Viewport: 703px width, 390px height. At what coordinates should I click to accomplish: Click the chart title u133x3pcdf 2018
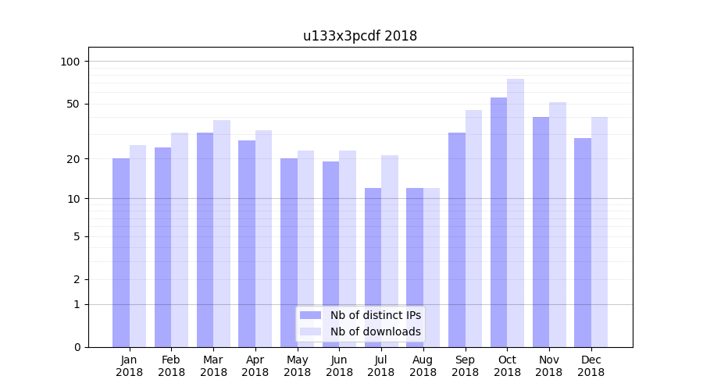coord(360,36)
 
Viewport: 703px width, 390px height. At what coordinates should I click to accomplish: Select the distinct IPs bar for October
coord(498,222)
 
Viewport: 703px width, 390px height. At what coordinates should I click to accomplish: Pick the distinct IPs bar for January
coord(121,253)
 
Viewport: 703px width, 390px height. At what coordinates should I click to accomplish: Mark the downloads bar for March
coord(222,233)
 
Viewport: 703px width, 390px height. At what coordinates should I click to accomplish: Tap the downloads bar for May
coord(305,249)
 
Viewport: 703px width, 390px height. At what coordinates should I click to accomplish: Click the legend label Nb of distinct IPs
coord(376,315)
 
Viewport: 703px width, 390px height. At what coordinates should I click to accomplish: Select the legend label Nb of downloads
coord(376,331)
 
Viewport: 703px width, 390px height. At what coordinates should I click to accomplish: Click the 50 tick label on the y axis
coord(73,104)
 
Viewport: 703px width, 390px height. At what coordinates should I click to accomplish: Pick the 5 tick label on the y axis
coord(77,236)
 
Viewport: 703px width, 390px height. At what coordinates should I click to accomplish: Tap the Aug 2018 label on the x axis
coord(423,366)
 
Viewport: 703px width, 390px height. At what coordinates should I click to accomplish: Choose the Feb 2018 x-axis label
coord(171,366)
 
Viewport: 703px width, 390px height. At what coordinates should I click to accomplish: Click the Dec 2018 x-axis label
coord(591,366)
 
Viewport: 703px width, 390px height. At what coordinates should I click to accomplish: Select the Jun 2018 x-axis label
coord(339,366)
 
